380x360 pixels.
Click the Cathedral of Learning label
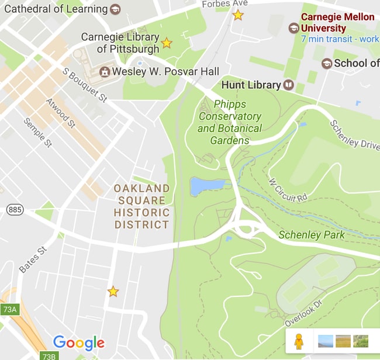coord(56,9)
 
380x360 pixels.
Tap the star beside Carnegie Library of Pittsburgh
coord(167,43)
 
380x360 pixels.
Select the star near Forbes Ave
coord(238,15)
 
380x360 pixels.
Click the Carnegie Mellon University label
coord(337,22)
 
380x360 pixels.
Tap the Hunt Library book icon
coord(289,85)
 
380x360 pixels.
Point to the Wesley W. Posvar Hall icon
coord(105,71)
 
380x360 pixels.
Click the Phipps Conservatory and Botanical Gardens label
coord(230,122)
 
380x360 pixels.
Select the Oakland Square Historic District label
coord(141,206)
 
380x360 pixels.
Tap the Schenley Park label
coord(312,235)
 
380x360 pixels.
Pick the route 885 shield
coord(15,209)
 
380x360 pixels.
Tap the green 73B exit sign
coord(49,355)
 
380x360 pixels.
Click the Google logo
coord(78,343)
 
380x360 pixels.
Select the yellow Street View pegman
coord(299,341)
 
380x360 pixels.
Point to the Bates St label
coord(33,260)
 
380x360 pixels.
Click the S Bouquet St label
coord(84,85)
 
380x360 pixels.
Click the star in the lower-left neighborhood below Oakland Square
coord(113,291)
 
